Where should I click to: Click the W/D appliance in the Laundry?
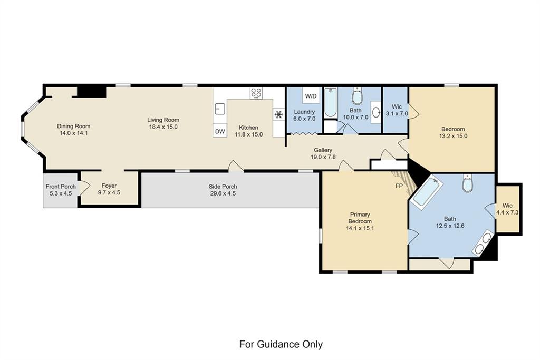point(311,95)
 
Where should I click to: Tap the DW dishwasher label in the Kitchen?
point(220,131)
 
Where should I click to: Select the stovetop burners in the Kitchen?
point(256,93)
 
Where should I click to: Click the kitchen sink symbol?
point(219,109)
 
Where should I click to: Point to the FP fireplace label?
point(399,186)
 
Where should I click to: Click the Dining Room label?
point(74,127)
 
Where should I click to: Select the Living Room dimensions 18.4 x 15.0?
point(163,127)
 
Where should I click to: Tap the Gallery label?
point(323,150)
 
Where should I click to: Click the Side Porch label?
point(223,187)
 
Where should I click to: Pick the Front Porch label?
point(61,187)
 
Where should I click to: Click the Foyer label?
point(109,186)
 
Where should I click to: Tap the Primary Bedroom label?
point(360,218)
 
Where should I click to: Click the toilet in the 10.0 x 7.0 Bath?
point(358,96)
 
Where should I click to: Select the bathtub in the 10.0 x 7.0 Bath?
point(331,102)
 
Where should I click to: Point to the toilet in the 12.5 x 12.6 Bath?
point(467,183)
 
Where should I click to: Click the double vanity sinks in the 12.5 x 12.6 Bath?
point(483,244)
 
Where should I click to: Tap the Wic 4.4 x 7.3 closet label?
point(507,206)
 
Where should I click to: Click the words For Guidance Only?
point(281,344)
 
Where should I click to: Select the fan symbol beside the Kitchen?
point(278,114)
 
